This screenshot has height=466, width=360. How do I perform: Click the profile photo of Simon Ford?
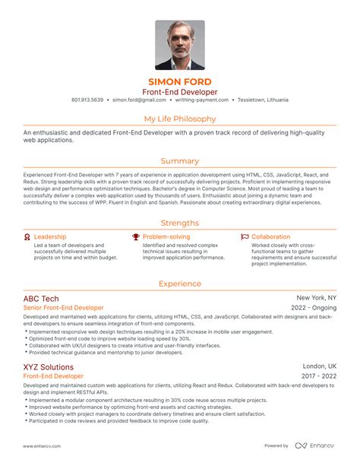(x=180, y=44)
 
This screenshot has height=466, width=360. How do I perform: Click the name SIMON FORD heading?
(x=180, y=81)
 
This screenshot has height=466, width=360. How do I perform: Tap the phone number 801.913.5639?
(x=87, y=100)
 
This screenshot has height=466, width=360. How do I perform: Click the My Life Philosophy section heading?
(x=180, y=119)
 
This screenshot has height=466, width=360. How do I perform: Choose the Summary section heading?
(x=180, y=161)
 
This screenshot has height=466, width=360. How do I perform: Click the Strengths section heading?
(x=180, y=223)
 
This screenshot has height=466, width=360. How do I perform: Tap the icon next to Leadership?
(x=27, y=237)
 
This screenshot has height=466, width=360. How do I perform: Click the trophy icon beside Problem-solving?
(x=135, y=237)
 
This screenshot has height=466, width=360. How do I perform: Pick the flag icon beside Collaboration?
(x=244, y=237)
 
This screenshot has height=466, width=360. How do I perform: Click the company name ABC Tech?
(x=41, y=299)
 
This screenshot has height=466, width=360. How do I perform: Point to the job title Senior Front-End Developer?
(x=64, y=309)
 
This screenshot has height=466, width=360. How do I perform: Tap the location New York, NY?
(x=316, y=299)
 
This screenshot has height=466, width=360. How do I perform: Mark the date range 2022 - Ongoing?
(x=314, y=309)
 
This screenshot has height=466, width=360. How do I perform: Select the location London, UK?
(x=319, y=366)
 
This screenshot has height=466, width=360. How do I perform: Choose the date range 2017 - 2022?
(x=318, y=376)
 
